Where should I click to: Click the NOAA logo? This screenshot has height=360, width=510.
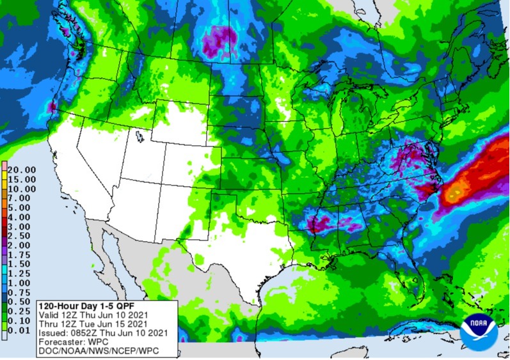tap(479, 330)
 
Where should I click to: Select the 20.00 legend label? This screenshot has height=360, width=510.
tap(22, 169)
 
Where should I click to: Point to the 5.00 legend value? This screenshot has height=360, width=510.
tap(22, 207)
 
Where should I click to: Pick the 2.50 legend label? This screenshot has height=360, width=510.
tap(22, 235)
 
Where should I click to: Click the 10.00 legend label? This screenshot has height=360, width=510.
tap(22, 189)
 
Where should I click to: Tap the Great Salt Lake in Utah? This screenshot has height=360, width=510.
tap(139, 137)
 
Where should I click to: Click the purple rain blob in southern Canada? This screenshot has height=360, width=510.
tap(218, 42)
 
